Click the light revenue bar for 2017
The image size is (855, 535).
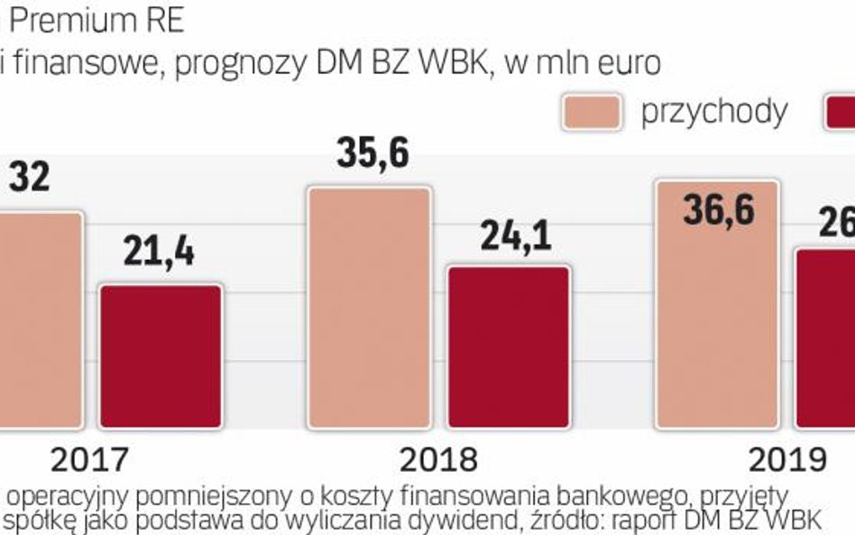(x=41, y=320)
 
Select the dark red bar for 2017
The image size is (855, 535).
(x=161, y=356)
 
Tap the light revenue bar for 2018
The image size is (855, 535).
(x=369, y=308)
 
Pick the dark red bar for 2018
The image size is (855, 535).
(x=509, y=346)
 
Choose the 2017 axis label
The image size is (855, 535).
(x=88, y=460)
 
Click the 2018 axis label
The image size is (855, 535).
(x=438, y=460)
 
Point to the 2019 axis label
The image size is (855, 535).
(x=787, y=460)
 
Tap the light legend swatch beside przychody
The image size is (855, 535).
(x=592, y=111)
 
